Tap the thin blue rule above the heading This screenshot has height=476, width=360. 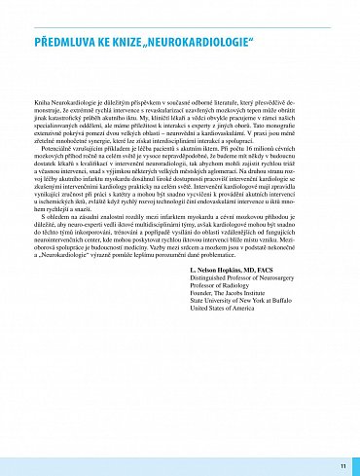[180, 28]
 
